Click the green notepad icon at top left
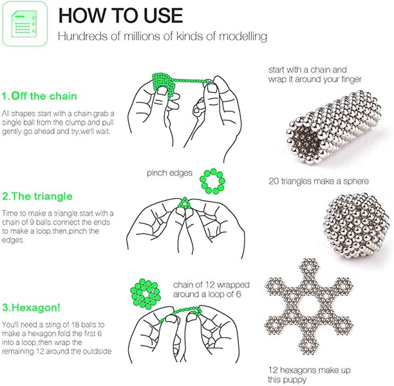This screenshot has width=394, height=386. click(24, 24)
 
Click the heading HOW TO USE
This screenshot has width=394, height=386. click(120, 15)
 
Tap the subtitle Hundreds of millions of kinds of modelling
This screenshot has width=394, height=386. click(162, 36)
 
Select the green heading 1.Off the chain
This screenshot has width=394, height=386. click(39, 96)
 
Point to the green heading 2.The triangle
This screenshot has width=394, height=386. click(37, 196)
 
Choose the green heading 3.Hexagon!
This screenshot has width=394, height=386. click(31, 308)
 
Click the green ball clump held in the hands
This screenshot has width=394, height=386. click(164, 85)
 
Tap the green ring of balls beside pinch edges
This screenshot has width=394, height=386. click(212, 181)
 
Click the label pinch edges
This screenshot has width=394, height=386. click(169, 173)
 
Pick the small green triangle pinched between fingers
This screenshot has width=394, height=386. click(185, 203)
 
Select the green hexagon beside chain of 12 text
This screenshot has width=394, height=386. click(145, 294)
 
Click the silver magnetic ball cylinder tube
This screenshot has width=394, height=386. click(333, 127)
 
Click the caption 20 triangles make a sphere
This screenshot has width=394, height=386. click(319, 181)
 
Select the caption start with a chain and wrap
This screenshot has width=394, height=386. click(315, 75)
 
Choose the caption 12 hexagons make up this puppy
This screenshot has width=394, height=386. click(309, 374)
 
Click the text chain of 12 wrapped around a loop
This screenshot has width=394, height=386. click(211, 289)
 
